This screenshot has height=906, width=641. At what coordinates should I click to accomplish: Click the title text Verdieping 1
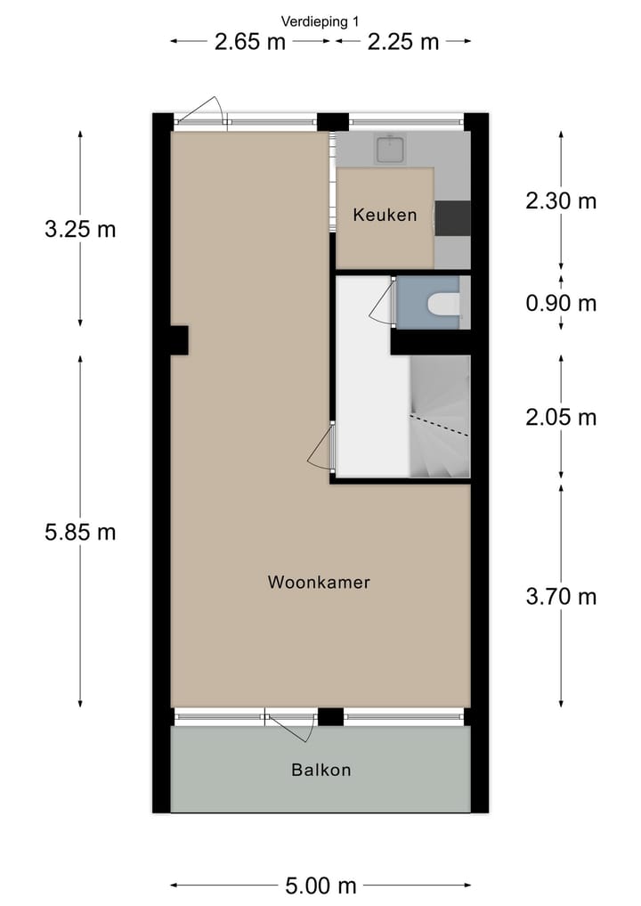[320, 20]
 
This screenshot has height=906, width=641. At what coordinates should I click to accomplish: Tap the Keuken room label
[385, 215]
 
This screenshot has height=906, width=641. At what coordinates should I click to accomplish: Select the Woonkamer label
[319, 583]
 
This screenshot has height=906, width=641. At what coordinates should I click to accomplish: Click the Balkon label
[320, 770]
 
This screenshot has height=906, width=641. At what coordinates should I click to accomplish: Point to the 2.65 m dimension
[250, 42]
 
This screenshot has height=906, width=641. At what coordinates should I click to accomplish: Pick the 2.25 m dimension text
[403, 42]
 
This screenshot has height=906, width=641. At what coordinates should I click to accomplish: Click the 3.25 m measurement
[80, 229]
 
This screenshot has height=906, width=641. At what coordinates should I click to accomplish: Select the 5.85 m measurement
[80, 532]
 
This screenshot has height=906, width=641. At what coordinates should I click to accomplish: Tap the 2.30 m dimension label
[561, 200]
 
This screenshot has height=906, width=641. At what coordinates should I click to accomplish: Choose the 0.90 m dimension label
[561, 303]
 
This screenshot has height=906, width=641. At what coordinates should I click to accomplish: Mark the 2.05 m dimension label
[561, 417]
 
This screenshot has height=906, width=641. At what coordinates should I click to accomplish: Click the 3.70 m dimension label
[561, 596]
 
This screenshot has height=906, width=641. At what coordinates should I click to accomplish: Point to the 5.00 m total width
[320, 886]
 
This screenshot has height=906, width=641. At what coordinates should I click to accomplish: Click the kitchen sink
[390, 149]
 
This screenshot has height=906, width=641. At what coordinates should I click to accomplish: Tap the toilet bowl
[443, 305]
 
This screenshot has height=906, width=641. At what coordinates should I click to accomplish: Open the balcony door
[292, 726]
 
